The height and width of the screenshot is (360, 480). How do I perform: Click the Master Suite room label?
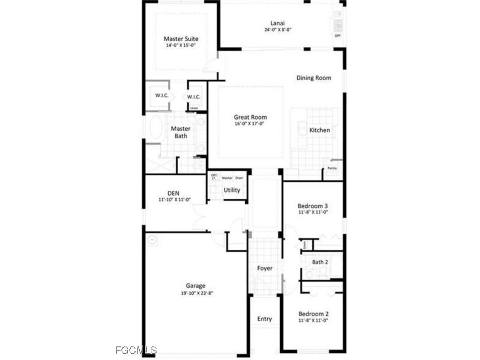[x=181, y=39]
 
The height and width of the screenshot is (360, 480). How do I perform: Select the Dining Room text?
[x=314, y=78]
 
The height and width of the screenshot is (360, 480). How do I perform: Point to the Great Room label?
[x=250, y=117]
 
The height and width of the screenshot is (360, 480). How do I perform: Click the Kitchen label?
[x=320, y=130]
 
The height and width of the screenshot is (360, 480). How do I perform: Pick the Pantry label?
[x=332, y=168]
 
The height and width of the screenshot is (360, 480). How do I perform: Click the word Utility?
[x=232, y=190]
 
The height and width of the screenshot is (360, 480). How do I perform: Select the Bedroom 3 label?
[x=313, y=206]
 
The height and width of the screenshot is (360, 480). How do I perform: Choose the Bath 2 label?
[x=320, y=262]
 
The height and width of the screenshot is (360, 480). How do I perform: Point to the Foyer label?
[x=264, y=268]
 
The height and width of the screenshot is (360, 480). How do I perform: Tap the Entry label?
[x=264, y=319]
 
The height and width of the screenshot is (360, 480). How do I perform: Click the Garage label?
[x=195, y=285]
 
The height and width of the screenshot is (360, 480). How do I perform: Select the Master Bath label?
[x=180, y=132]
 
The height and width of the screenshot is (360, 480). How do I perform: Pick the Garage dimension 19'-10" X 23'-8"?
[x=195, y=293]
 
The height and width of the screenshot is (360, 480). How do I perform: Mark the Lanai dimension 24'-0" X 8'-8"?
[x=278, y=30]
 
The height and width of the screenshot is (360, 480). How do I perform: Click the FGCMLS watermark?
[x=136, y=350]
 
